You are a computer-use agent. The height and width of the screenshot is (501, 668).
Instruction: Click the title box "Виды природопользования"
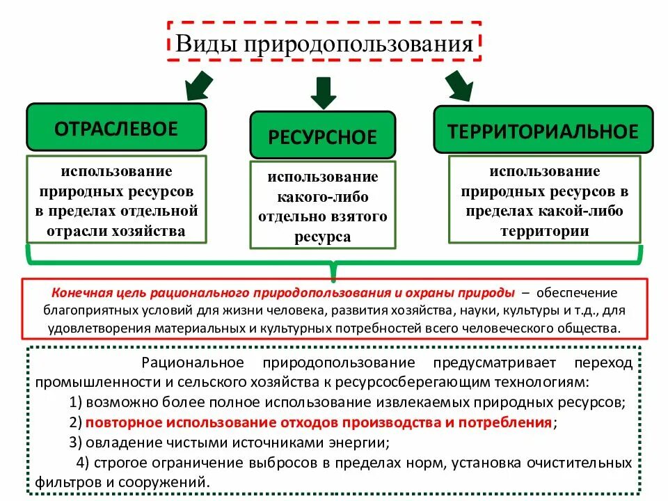pyautogui.click(x=324, y=45)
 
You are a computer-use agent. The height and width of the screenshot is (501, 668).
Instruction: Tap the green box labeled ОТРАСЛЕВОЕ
pyautogui.click(x=116, y=128)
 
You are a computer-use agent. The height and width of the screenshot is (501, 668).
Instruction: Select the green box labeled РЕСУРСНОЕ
pyautogui.click(x=322, y=136)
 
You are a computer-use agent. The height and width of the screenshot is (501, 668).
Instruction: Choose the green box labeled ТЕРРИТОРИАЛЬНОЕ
pyautogui.click(x=543, y=131)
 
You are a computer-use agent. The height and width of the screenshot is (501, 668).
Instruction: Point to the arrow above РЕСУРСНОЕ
pyautogui.click(x=324, y=91)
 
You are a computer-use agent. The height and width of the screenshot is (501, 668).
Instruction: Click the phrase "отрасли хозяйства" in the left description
pyautogui.click(x=116, y=230)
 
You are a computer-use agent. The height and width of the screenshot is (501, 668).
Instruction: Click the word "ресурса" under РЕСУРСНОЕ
pyautogui.click(x=322, y=237)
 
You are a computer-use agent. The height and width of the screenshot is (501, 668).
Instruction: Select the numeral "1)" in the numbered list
pyautogui.click(x=77, y=403)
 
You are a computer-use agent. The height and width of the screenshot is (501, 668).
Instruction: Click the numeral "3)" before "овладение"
pyautogui.click(x=77, y=442)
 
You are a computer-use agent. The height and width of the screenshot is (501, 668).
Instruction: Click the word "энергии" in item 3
pyautogui.click(x=359, y=442)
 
